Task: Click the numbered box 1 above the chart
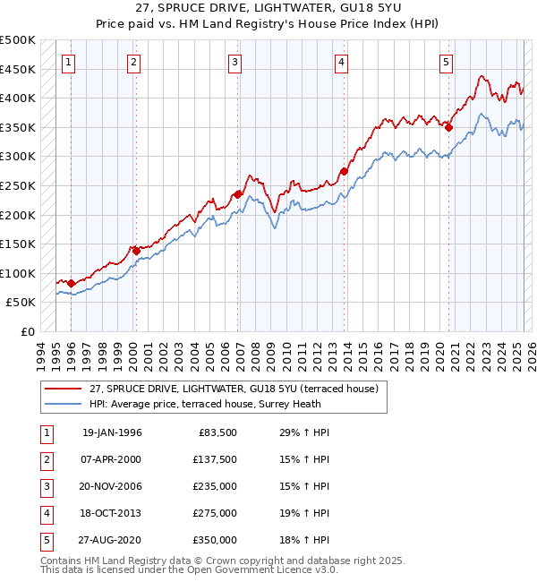[x=70, y=62]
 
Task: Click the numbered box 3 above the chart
[x=234, y=62]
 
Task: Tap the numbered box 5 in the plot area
[x=446, y=62]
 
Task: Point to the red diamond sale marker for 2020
[x=448, y=128]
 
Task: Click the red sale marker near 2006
[x=238, y=194]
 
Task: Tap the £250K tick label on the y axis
[x=18, y=185]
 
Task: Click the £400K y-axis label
[x=18, y=98]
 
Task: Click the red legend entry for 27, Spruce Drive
[x=234, y=389]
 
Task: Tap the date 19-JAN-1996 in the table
[x=112, y=432]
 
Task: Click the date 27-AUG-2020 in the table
[x=112, y=540]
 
